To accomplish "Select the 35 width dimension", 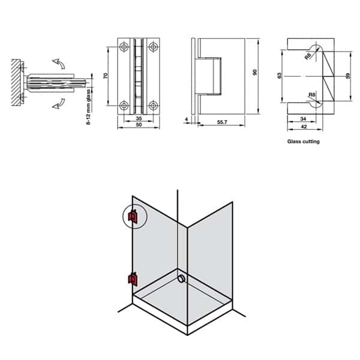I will tap(139, 119).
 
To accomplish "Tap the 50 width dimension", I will tap(139, 126).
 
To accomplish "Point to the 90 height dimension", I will tap(254, 73).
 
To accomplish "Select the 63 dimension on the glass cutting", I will tap(280, 77).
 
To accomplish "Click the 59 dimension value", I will tap(348, 77).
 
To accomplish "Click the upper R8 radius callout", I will tap(308, 56).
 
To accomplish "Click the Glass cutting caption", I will tap(303, 142).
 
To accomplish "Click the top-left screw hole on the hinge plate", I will tap(124, 47).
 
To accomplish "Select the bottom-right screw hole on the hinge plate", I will tap(154, 106).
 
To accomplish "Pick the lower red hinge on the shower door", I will tap(132, 278).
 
